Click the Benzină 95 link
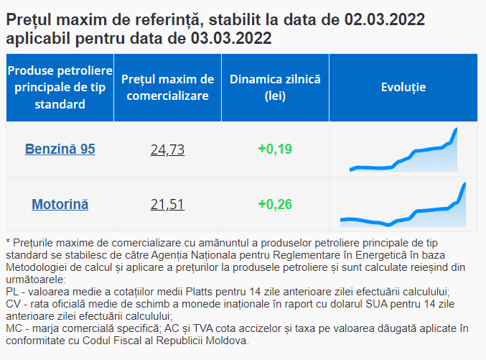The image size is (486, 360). (60, 149)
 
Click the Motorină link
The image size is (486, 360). (60, 205)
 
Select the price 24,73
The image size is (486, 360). (167, 149)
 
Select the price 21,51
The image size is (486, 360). (167, 205)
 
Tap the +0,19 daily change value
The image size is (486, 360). (274, 149)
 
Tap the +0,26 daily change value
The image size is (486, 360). (274, 205)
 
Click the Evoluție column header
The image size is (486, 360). (403, 88)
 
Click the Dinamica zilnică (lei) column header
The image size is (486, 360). (275, 88)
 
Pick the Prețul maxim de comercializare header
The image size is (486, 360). (167, 88)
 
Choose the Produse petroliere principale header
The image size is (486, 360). (60, 88)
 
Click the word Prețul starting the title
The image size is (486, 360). (29, 19)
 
